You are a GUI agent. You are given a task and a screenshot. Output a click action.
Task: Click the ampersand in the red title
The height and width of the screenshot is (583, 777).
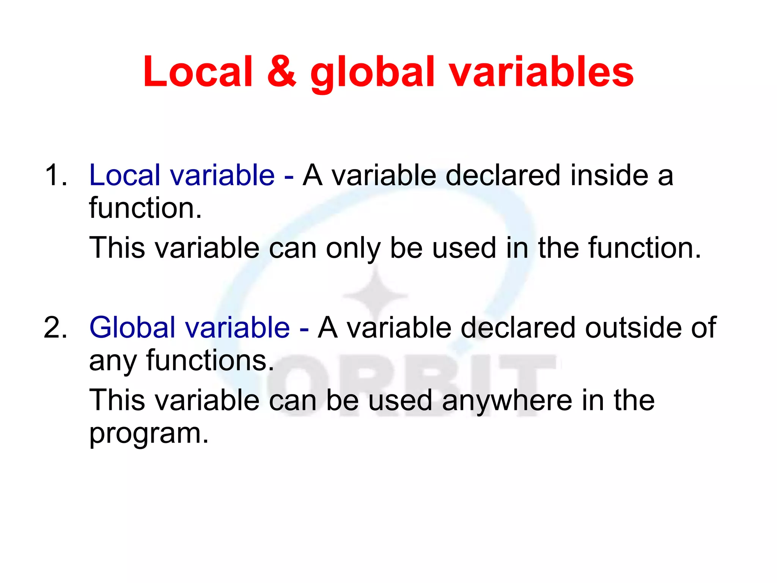(x=282, y=71)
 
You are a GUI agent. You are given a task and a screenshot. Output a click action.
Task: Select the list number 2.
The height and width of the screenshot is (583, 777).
(x=56, y=328)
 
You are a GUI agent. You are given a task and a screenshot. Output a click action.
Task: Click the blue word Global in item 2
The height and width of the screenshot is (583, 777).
(x=132, y=328)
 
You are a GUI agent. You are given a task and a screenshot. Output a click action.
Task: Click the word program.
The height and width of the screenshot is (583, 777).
(x=149, y=434)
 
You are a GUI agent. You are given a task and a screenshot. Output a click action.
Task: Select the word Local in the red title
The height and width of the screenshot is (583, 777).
(x=198, y=71)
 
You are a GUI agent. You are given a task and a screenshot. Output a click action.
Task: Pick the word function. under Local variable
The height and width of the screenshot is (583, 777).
(x=145, y=208)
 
